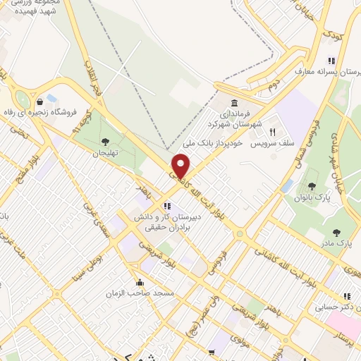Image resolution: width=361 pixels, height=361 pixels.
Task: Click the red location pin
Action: (x=181, y=166)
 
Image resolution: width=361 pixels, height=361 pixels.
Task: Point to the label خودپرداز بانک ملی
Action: (x=216, y=143)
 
